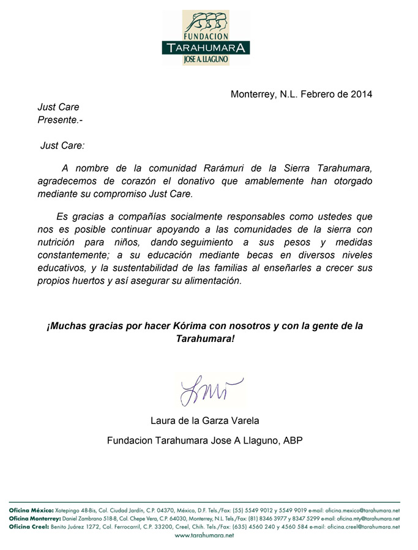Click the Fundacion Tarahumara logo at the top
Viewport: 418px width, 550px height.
pyautogui.click(x=206, y=37)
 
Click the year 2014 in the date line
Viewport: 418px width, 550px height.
pyautogui.click(x=360, y=94)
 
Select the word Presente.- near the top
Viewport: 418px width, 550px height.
pyautogui.click(x=60, y=120)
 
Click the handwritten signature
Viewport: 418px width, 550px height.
pyautogui.click(x=209, y=390)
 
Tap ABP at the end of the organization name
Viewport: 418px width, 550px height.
pyautogui.click(x=293, y=440)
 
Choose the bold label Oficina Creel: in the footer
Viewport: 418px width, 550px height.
pyautogui.click(x=26, y=526)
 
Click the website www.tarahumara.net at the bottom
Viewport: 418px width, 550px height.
pyautogui.click(x=204, y=535)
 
